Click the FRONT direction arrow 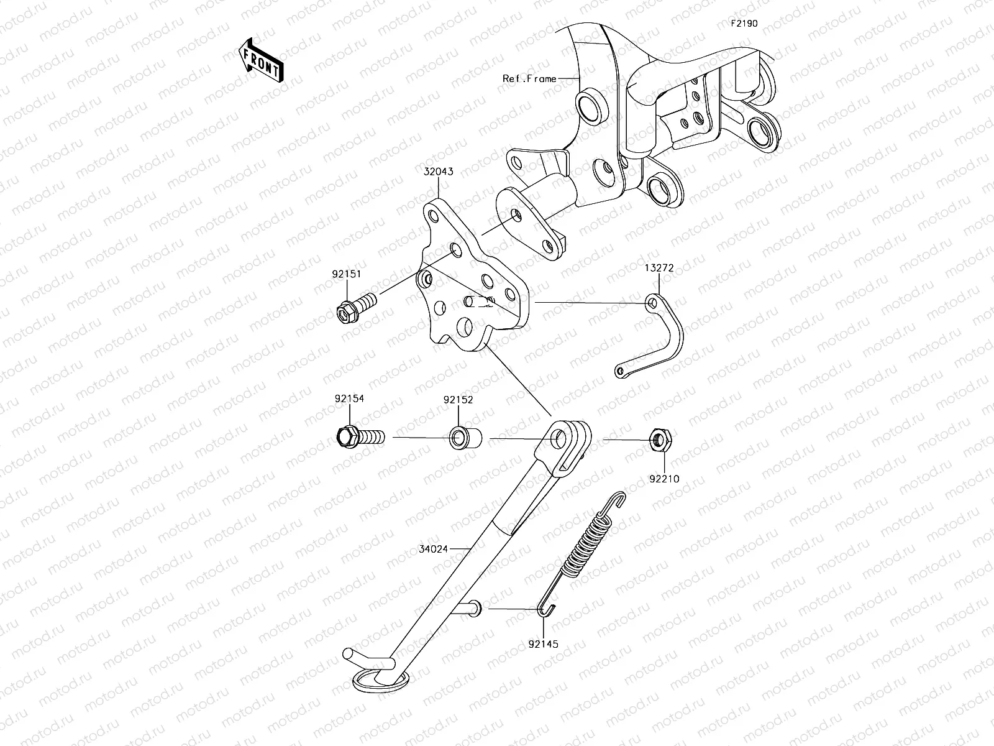coord(261,60)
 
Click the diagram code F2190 coord(744,24)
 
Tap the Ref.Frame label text coord(529,79)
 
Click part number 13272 coord(659,268)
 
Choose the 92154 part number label coord(349,400)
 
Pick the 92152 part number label coord(458,400)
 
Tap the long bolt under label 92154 coord(360,437)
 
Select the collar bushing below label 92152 coord(462,438)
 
